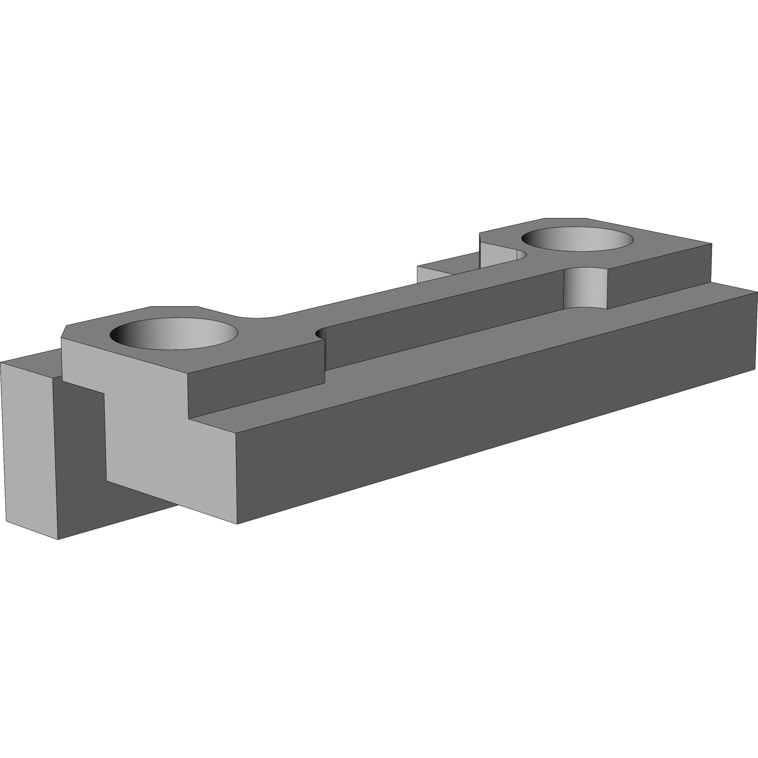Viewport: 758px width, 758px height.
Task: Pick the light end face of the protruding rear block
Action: (28, 445)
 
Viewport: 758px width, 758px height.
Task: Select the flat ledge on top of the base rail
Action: (474, 351)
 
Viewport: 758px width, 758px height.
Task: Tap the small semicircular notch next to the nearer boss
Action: (321, 334)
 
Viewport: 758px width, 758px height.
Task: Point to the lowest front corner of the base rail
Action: (237, 523)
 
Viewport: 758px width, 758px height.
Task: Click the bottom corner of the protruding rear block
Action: (57, 539)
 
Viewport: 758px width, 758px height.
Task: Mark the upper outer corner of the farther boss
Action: (712, 244)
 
